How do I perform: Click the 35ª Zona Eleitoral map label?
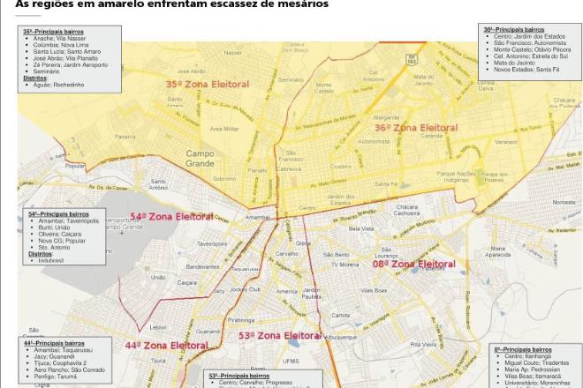point(208,84)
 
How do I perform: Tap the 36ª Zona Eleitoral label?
point(416,127)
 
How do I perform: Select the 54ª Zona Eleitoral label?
point(172,216)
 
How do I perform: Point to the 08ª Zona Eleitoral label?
point(413,264)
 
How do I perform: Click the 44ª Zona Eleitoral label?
point(167,346)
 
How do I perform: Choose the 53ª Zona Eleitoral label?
point(279,336)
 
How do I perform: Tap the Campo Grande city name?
point(200,158)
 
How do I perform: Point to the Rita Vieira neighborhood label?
point(424,344)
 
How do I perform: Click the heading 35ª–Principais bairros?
point(56,32)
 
